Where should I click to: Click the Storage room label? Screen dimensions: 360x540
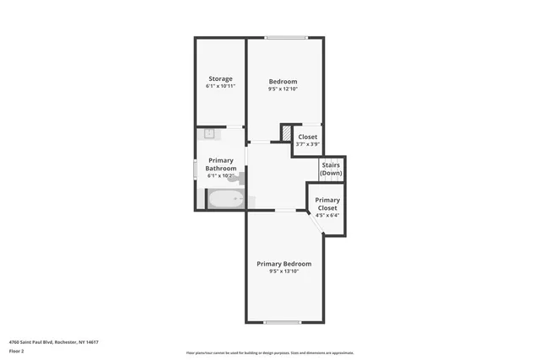coord(220,79)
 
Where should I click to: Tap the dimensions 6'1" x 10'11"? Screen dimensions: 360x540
coord(220,86)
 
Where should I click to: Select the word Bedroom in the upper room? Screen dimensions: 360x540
coord(283,82)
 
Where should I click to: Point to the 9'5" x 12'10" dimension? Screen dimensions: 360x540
coord(283,89)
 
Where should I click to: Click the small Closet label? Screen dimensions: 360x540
coord(308,137)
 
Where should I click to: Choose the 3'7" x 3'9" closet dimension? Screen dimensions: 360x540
coord(308,143)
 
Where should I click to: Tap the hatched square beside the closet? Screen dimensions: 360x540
coord(286,132)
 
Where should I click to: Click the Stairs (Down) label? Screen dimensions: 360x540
coord(332,169)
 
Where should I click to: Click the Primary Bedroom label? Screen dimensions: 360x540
coord(284,264)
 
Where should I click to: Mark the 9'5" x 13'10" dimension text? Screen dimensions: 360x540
coord(284,271)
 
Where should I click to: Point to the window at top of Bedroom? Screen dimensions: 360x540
coord(284,38)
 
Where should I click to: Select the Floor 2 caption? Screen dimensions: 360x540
coord(17,352)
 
